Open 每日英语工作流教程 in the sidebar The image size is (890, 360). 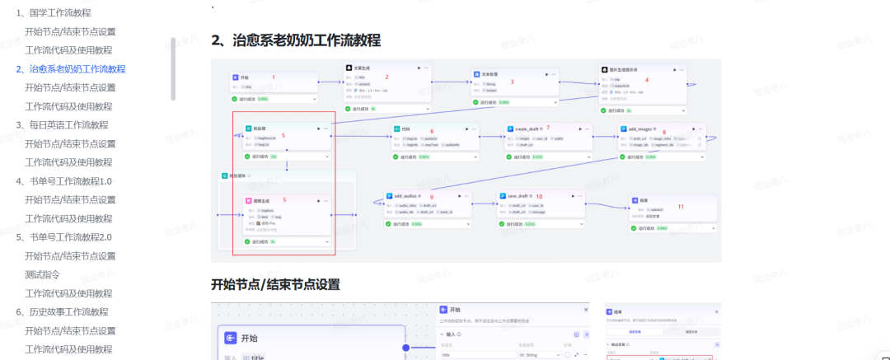67,125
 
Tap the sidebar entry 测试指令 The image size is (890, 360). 42,274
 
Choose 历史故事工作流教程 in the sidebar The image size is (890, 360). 67,312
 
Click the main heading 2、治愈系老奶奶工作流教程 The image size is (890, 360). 296,40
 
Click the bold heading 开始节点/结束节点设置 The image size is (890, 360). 275,285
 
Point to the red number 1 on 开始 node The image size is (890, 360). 274,77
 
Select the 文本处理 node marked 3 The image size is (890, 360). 493,73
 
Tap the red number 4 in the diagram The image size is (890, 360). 647,80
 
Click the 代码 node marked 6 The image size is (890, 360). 405,129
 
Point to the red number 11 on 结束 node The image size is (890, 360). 681,206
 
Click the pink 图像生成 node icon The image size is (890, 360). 247,201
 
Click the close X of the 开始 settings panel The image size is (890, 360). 587,309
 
